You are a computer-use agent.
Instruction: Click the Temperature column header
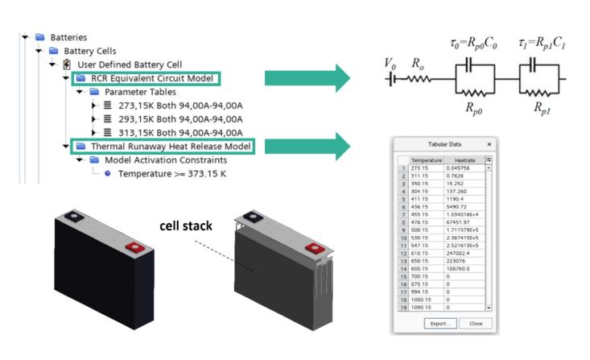pos(426,160)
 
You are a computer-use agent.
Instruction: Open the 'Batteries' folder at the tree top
pos(68,37)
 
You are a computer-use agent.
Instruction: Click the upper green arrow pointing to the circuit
pos(307,79)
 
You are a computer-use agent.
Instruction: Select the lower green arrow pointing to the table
pos(307,147)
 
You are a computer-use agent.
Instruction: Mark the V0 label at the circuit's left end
pos(390,64)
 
